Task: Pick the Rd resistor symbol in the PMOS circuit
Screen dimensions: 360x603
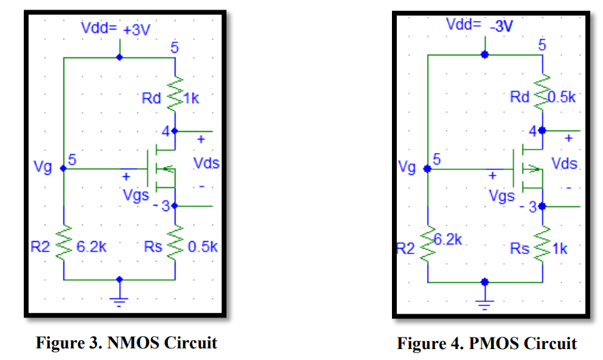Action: [542, 96]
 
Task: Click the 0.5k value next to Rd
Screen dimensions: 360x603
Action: [562, 96]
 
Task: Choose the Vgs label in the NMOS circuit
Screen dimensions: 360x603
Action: [136, 194]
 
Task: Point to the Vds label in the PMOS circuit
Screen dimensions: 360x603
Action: [565, 164]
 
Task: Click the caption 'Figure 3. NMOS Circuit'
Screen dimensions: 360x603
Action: [126, 342]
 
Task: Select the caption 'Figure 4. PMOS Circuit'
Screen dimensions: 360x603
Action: [487, 342]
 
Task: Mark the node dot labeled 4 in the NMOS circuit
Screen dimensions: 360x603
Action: [176, 130]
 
